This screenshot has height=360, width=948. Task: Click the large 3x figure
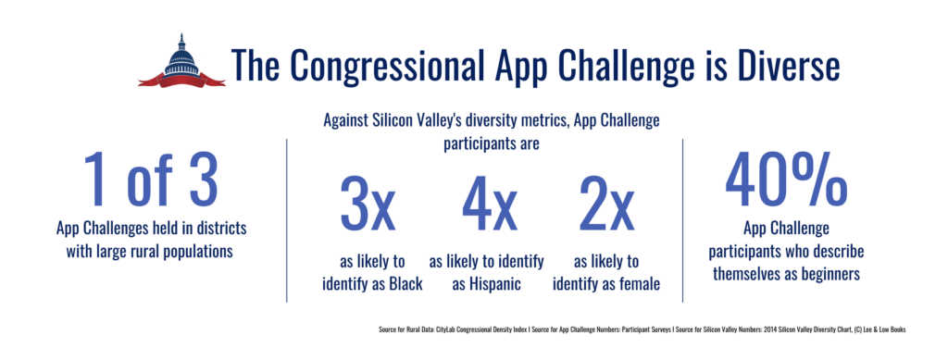[x=367, y=206]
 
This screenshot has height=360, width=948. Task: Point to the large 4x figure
[x=488, y=206]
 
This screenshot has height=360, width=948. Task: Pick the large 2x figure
[x=605, y=206]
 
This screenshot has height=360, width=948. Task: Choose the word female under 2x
[x=637, y=284]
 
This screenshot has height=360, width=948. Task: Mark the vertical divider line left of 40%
[x=683, y=219]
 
